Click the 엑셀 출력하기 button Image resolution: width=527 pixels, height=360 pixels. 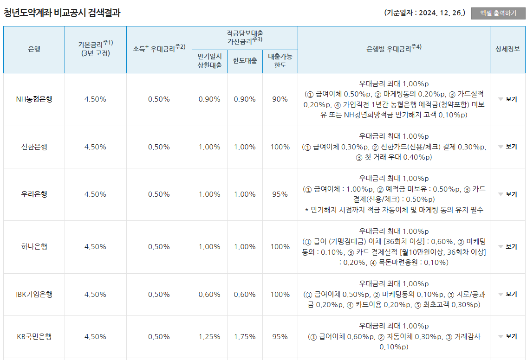click(498, 13)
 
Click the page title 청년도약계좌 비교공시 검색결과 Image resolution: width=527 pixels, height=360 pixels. click(62, 13)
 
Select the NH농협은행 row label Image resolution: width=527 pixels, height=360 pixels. click(34, 99)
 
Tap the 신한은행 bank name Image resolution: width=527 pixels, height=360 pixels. click(34, 147)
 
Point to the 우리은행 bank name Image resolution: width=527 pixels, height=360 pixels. click(34, 194)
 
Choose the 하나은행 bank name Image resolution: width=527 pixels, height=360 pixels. click(34, 247)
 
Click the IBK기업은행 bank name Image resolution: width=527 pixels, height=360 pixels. click(34, 295)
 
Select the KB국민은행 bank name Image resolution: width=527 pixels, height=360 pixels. click(34, 337)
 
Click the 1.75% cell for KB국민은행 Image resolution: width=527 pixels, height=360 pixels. click(245, 337)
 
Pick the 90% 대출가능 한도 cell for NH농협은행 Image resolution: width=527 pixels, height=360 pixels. click(280, 99)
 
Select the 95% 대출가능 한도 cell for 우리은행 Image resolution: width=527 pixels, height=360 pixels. click(280, 194)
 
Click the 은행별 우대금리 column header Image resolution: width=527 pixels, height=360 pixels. click(394, 49)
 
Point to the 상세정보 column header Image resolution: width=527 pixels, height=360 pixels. click(508, 49)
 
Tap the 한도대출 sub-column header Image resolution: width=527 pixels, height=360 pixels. click(245, 61)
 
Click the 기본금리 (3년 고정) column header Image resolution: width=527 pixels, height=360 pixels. click(96, 49)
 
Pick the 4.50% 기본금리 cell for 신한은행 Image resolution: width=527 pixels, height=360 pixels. click(96, 147)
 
